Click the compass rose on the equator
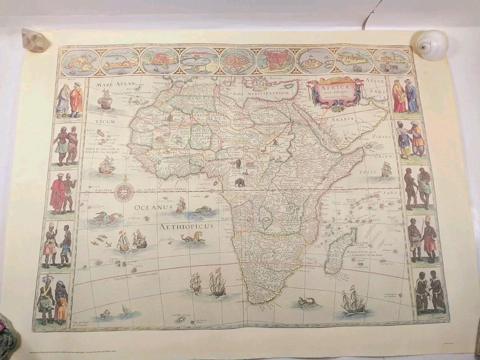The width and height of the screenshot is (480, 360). (x=124, y=191)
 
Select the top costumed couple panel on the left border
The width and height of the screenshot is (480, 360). (x=69, y=98)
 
